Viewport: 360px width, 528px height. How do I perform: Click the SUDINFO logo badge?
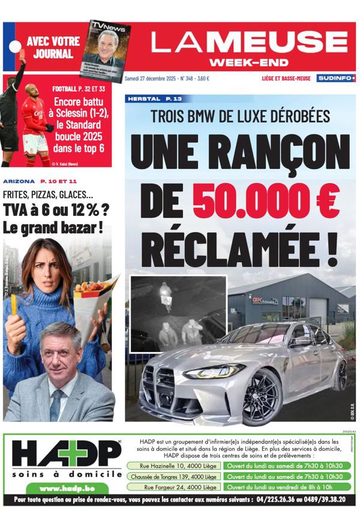(x=335, y=78)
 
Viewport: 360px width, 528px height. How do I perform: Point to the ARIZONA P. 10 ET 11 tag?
(x=40, y=181)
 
